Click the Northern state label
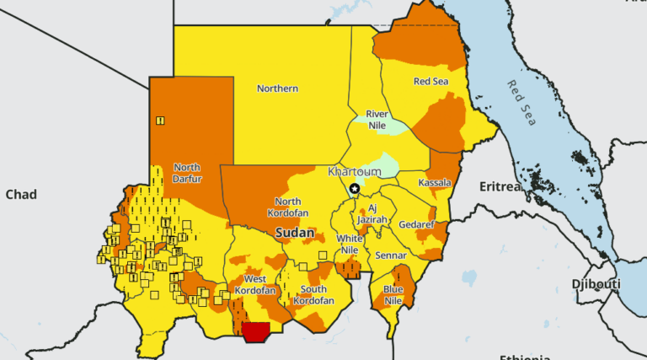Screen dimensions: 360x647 [x=277, y=88]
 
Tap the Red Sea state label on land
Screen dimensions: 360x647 [x=430, y=82]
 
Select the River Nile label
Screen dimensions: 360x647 [x=377, y=120]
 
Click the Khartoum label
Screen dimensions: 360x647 [x=354, y=171]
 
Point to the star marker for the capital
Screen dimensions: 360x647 [x=355, y=189]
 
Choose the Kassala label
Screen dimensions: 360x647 [x=435, y=183]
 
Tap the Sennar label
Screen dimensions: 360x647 [x=391, y=255]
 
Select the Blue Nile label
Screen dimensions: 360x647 [x=393, y=294]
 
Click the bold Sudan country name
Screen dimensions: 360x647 [x=295, y=232]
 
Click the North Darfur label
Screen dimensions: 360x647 [x=186, y=173]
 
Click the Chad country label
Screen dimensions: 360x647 [x=21, y=195]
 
